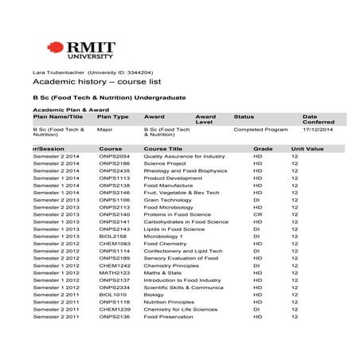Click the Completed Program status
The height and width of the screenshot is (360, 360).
pyautogui.click(x=260, y=128)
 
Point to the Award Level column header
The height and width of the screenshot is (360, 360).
pyautogui.click(x=205, y=119)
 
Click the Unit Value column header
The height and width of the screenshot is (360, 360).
pyautogui.click(x=307, y=149)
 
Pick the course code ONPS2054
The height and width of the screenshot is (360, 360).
pyautogui.click(x=115, y=157)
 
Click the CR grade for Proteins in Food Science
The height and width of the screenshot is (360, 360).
pyautogui.click(x=257, y=214)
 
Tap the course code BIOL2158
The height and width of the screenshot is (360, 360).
pyautogui.click(x=113, y=237)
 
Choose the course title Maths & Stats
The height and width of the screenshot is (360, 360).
pyautogui.click(x=162, y=273)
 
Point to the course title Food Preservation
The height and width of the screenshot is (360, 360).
pyautogui.click(x=170, y=317)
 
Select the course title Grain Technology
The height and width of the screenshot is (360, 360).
pyautogui.click(x=167, y=200)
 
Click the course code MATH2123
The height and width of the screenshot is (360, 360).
pyautogui.click(x=114, y=273)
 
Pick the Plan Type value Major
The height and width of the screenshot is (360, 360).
pyautogui.click(x=104, y=128)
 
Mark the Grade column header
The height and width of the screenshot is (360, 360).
pyautogui.click(x=263, y=149)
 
